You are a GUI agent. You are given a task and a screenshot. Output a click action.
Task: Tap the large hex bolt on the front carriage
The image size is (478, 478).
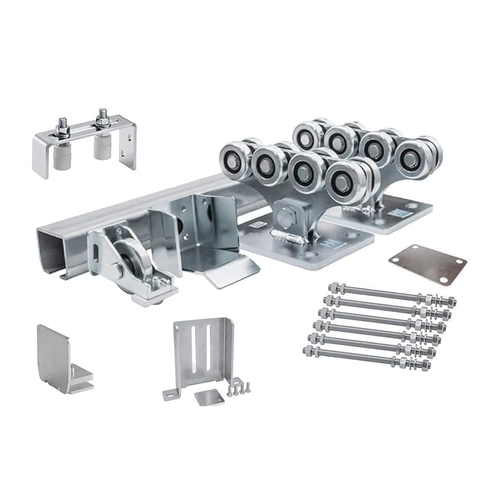(x=285, y=219)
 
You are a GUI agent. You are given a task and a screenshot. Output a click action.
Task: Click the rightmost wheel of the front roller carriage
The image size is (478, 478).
(x=346, y=180)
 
